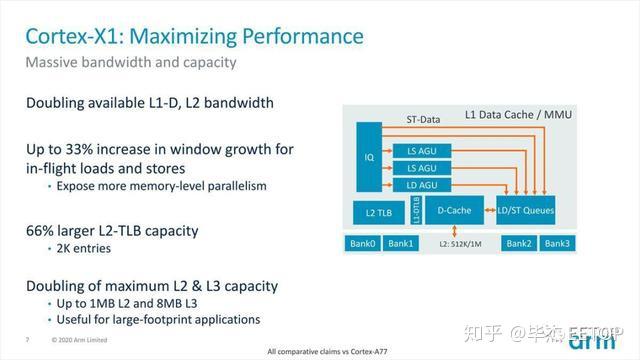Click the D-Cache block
[454, 211]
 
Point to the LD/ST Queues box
[524, 211]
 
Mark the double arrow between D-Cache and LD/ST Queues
[489, 211]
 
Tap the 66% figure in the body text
[44, 230]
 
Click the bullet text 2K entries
[84, 249]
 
